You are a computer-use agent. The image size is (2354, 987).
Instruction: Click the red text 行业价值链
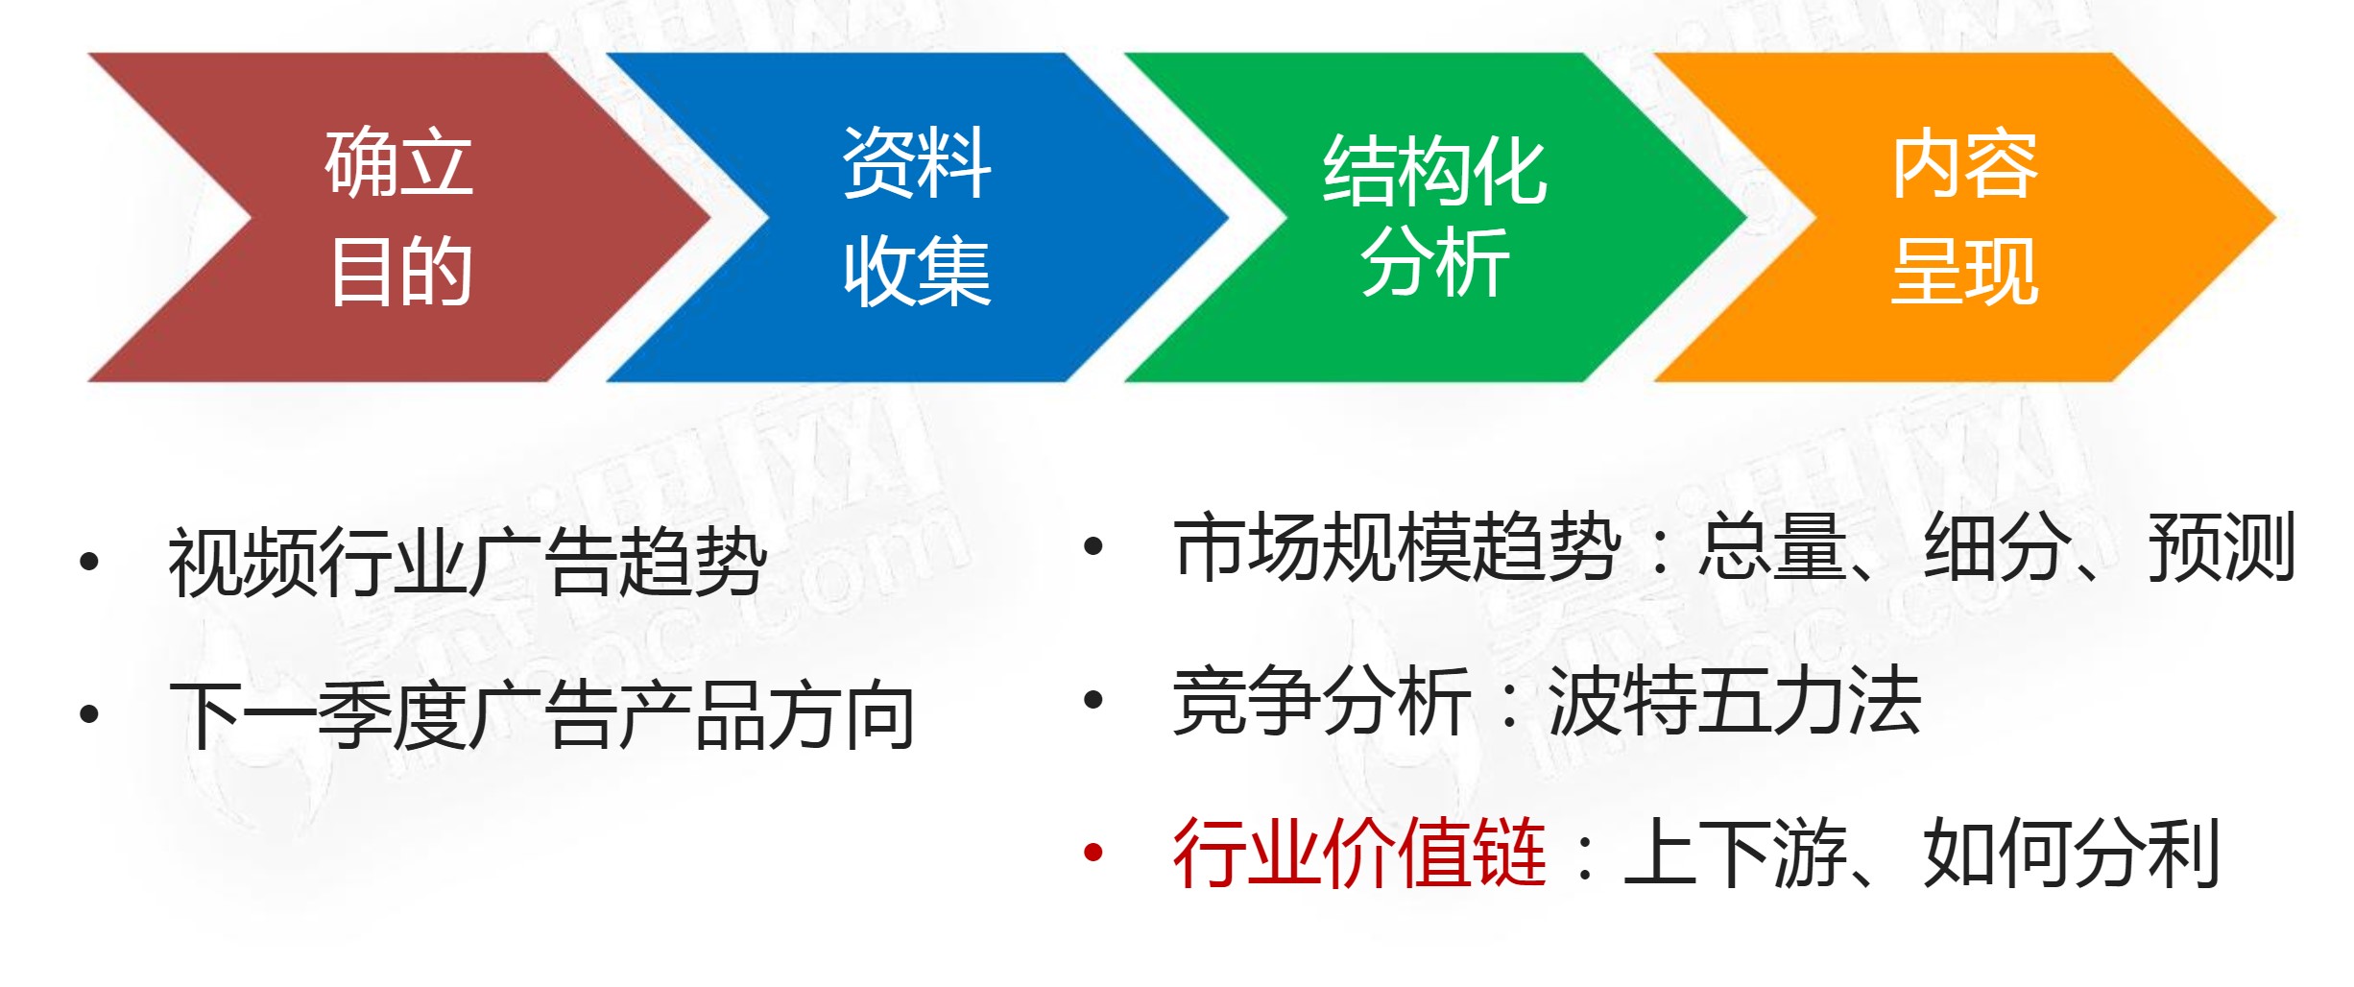1358,853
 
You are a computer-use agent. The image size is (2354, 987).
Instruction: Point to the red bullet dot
1093,853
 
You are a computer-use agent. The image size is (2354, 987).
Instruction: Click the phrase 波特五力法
1734,702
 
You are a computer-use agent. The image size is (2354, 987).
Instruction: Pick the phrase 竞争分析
1321,702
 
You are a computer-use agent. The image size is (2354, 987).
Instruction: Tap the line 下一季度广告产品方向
541,716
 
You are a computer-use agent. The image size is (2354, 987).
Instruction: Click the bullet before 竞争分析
1093,701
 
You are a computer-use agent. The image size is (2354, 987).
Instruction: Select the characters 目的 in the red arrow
401,274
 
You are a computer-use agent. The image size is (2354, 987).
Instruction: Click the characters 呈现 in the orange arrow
1964,274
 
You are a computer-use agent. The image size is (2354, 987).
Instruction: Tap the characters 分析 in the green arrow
1435,263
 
